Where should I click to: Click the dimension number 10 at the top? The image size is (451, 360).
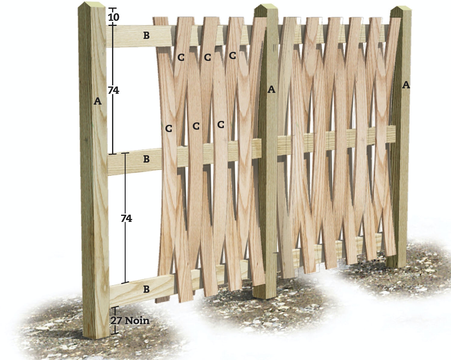click(x=114, y=17)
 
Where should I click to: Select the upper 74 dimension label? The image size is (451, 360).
click(x=114, y=90)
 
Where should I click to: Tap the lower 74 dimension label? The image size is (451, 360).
click(x=126, y=219)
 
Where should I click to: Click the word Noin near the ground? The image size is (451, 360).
click(x=137, y=321)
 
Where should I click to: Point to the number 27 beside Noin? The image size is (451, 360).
click(x=117, y=321)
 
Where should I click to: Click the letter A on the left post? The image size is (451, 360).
click(x=97, y=101)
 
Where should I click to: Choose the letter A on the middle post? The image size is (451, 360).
click(x=271, y=90)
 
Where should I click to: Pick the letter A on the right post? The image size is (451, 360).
click(x=406, y=85)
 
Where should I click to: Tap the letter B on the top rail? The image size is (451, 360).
click(x=146, y=36)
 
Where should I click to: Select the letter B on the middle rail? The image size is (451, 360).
click(x=146, y=159)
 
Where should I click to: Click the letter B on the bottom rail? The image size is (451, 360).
click(x=146, y=289)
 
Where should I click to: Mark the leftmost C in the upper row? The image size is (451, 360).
click(x=181, y=57)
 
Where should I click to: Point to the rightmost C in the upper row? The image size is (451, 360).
click(x=232, y=55)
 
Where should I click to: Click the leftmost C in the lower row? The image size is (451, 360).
click(x=168, y=128)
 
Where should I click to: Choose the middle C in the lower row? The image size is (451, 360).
click(x=196, y=126)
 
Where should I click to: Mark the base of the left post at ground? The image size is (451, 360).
click(x=96, y=338)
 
